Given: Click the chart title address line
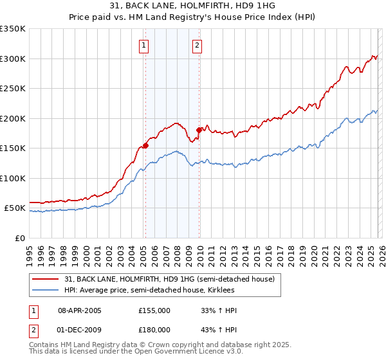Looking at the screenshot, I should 192,6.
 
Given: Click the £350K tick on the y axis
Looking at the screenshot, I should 13,29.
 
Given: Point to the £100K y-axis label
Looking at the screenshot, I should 13,178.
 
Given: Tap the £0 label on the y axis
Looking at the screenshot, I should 20,238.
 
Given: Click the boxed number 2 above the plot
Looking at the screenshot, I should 196,45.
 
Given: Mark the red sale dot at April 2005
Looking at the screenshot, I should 145,145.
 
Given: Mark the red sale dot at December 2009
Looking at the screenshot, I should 199,130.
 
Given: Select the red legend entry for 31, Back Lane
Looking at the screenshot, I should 169,279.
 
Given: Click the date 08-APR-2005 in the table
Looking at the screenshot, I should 80,310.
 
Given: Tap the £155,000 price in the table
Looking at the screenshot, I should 154,310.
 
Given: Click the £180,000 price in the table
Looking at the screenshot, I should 154,330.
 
